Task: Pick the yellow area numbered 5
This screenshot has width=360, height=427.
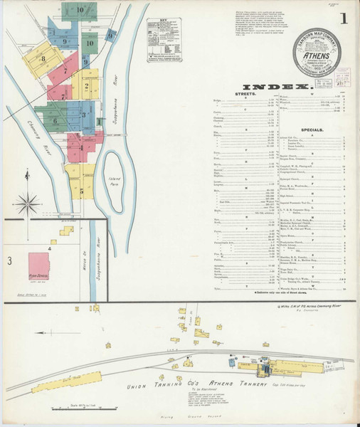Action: pos(82,191)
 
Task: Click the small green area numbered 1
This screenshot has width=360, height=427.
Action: pos(98,121)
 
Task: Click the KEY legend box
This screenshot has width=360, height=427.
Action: pos(165,31)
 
